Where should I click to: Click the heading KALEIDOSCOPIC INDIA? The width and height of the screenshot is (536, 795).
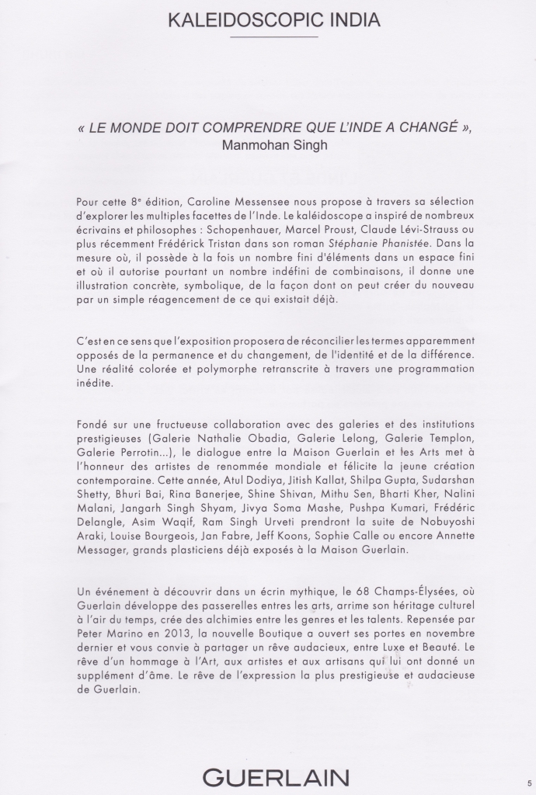point(273,20)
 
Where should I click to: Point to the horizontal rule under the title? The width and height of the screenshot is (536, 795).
point(273,36)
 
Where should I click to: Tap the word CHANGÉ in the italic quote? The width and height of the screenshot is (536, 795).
point(416,127)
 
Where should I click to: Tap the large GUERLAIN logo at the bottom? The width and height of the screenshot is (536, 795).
point(276,777)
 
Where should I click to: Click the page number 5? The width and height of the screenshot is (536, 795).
point(529,783)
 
